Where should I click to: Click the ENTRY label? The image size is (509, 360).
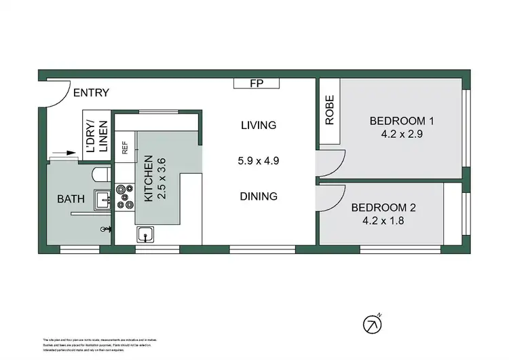[91, 93]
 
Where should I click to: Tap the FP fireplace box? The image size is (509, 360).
[256, 84]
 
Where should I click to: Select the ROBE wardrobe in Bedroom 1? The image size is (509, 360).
[330, 111]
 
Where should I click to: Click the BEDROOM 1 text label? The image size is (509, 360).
[401, 122]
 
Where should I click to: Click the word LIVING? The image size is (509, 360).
[259, 125]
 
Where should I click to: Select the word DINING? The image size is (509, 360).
[259, 196]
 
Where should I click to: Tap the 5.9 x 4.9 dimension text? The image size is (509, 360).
[259, 161]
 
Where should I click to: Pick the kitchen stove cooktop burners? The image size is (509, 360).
[125, 197]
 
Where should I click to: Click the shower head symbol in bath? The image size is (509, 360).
[105, 230]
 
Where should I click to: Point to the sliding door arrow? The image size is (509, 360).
[66, 154]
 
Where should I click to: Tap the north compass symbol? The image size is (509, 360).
[372, 325]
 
